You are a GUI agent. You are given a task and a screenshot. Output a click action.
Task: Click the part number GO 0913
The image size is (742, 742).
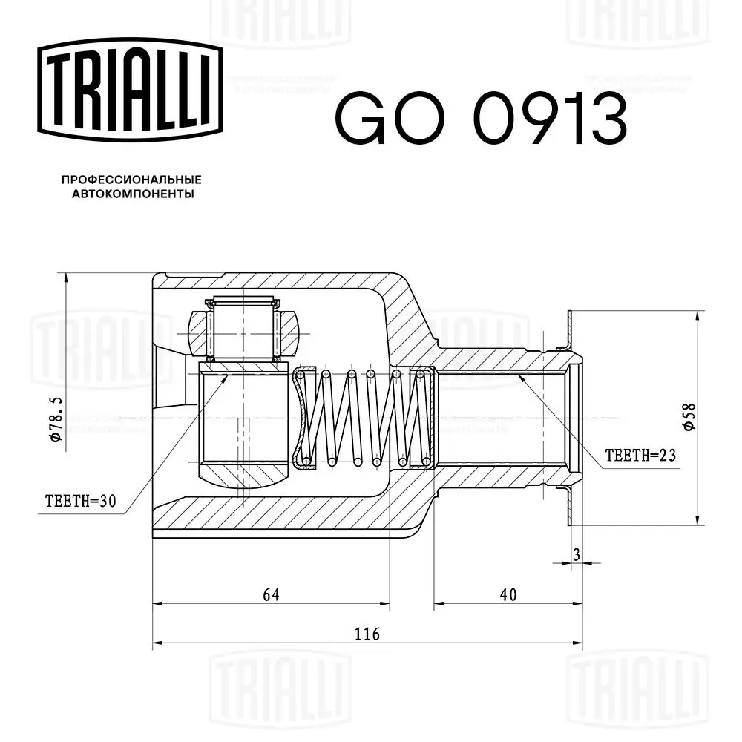pos(481,118)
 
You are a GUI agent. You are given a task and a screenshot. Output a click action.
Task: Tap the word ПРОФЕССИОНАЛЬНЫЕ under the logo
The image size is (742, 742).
pos(131,180)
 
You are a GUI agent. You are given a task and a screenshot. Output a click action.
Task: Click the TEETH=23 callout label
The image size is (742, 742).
pos(640,456)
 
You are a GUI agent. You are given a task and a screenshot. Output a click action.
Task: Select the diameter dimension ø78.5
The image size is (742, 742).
pos(56,419)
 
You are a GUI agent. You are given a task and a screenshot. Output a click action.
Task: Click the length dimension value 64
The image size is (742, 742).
pos(271,594)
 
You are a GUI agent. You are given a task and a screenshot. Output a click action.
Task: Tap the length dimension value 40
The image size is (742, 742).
pos(508,594)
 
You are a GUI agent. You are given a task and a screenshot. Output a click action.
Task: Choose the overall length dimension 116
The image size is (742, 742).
pos(367,634)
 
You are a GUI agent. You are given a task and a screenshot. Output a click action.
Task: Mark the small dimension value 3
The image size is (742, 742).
pos(576,553)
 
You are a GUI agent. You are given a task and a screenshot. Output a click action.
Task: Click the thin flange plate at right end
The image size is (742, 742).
pos(570,418)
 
